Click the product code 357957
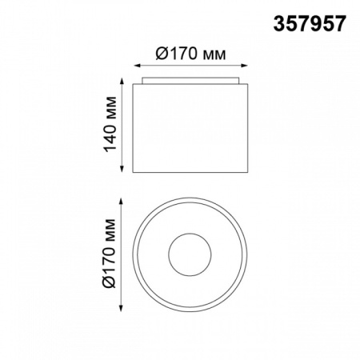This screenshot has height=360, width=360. tap(310, 23)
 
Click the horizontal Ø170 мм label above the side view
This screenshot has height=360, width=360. tap(190, 54)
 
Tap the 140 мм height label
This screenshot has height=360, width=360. tap(110, 125)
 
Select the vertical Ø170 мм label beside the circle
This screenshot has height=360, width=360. tap(109, 254)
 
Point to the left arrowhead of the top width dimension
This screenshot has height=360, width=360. tap(137, 66)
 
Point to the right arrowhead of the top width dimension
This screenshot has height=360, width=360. tap(244, 66)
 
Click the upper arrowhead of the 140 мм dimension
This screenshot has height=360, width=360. tap(122, 82)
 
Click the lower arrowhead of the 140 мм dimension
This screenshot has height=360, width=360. tap(122, 169)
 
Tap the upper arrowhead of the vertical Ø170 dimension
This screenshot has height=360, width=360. tap(121, 202)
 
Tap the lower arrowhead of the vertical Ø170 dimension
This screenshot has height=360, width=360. tap(121, 307)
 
